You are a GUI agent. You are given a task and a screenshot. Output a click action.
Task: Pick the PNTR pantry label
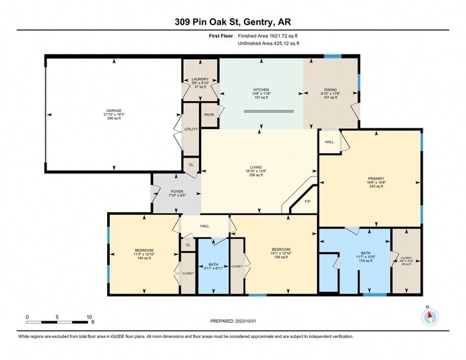(x=208, y=115)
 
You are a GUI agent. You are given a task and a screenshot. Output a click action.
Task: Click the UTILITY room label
(x=190, y=129)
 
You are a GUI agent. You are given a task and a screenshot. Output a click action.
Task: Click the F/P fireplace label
(x=308, y=201)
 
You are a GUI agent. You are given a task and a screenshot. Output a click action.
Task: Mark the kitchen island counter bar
(x=268, y=111)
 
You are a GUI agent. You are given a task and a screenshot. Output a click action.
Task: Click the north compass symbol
(x=429, y=316)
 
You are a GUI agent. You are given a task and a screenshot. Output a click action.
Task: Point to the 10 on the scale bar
(x=89, y=317)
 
